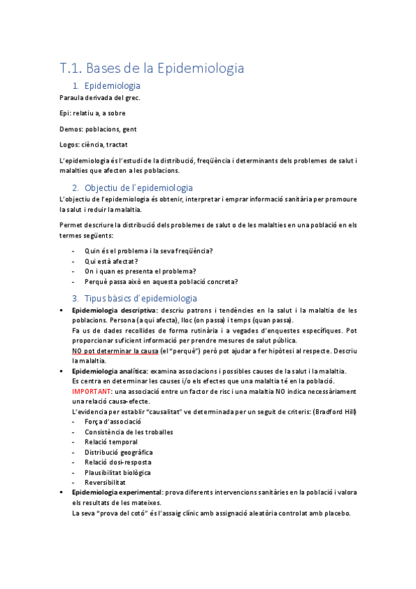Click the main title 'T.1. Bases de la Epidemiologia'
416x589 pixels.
pyautogui.click(x=151, y=68)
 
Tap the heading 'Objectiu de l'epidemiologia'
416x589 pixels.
pyautogui.click(x=138, y=188)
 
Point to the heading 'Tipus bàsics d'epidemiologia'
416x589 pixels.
pyautogui.click(x=140, y=299)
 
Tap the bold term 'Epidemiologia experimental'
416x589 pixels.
pyautogui.click(x=117, y=492)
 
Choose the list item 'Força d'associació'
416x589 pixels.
pyautogui.click(x=113, y=422)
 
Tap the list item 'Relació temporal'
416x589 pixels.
pyautogui.click(x=111, y=442)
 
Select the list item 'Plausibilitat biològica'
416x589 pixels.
pyautogui.click(x=117, y=472)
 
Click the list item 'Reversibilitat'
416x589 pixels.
pyautogui.click(x=105, y=482)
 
